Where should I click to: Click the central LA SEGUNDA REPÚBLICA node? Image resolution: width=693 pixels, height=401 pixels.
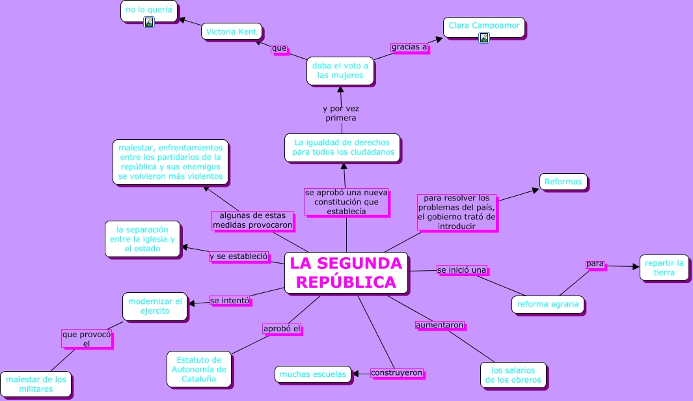point(346,273)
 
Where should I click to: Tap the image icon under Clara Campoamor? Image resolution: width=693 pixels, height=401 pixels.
point(483,38)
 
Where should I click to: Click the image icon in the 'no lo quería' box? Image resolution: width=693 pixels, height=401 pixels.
point(148,22)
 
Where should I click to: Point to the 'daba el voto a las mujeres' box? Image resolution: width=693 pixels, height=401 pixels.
point(340,70)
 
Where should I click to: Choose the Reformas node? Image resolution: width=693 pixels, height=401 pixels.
point(563,182)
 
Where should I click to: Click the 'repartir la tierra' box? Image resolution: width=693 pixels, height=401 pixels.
point(664,268)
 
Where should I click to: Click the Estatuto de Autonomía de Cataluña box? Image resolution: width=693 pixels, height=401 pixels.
point(198,369)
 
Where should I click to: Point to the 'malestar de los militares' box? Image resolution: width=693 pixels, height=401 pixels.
point(36,384)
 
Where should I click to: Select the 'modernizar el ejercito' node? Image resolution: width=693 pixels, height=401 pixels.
point(155,306)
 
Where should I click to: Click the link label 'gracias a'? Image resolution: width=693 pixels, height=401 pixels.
point(409,47)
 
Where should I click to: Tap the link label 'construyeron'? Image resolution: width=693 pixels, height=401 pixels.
point(396,373)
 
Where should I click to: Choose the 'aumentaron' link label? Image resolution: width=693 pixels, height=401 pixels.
point(440,324)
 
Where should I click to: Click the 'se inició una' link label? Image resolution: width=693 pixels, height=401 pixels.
point(461,270)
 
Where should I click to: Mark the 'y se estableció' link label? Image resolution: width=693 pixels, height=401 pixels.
point(239,256)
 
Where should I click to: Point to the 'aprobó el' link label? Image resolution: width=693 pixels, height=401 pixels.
point(281,329)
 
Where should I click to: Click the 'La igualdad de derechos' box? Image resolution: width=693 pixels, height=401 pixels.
point(342,147)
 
